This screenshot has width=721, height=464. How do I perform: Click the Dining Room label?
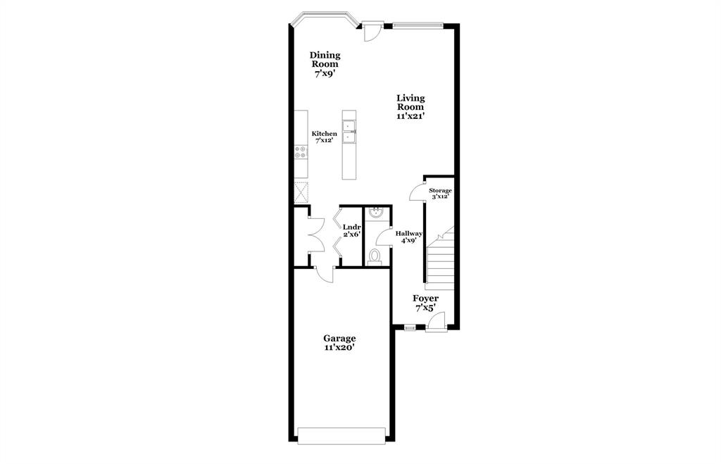pos(325,63)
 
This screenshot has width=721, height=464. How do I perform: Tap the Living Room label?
pos(410,107)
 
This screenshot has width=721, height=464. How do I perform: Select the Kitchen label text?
pos(325,134)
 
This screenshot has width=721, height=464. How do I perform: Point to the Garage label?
pos(339,338)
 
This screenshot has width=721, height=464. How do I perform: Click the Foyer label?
pos(425,299)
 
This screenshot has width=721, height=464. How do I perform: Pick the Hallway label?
pos(408,234)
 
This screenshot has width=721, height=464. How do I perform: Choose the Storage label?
pos(441,191)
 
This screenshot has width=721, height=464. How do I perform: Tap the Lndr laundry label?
pos(351,227)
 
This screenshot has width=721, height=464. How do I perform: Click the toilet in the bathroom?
pos(375,256)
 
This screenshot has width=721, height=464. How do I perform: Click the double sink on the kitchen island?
pos(350,133)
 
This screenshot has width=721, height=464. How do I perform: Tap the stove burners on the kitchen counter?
pos(301,152)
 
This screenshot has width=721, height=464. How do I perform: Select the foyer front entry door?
pos(436,322)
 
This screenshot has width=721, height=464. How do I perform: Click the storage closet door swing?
pos(416,192)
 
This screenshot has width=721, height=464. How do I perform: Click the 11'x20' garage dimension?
pos(339,347)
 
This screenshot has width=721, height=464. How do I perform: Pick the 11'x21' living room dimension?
pos(410,116)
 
